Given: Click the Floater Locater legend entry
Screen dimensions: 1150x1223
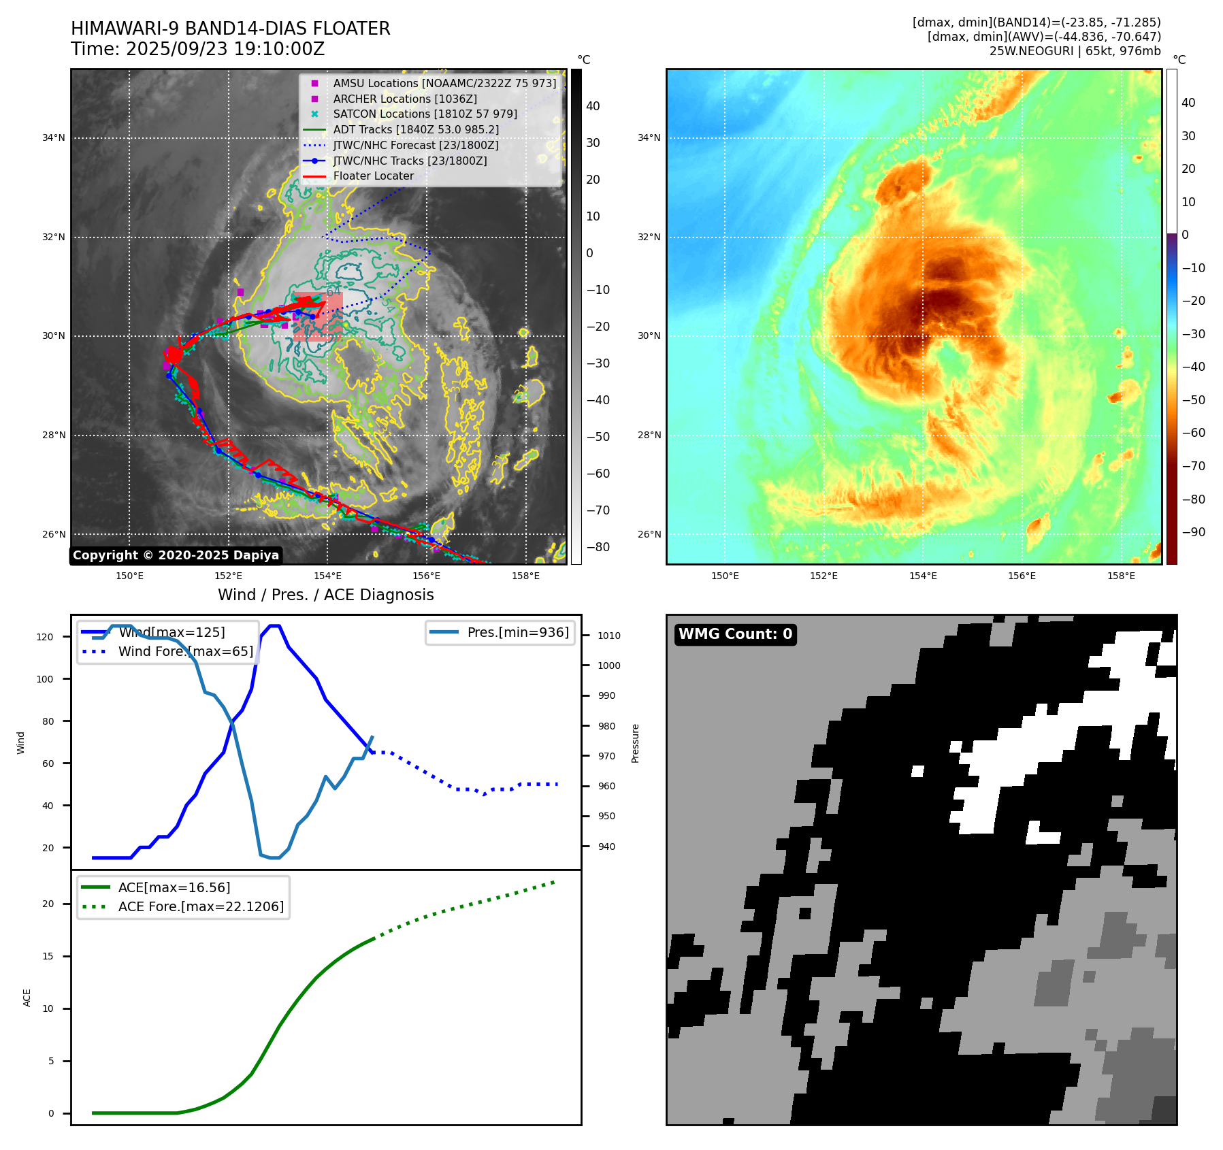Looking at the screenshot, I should click(x=373, y=176).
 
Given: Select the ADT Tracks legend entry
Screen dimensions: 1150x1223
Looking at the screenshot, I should click(x=415, y=129).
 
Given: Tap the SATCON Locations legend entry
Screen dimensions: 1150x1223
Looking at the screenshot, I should click(x=425, y=114).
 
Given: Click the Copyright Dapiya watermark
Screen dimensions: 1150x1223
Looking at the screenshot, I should click(x=176, y=555).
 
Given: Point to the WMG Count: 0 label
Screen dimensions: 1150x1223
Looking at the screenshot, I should click(x=735, y=634).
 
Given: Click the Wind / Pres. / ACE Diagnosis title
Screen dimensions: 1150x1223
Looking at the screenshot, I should click(x=325, y=595).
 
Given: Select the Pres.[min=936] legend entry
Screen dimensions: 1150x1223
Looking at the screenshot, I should click(x=517, y=632).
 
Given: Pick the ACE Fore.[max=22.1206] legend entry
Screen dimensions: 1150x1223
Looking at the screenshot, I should click(x=201, y=906).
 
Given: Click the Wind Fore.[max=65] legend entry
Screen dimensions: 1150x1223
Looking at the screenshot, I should click(x=185, y=651).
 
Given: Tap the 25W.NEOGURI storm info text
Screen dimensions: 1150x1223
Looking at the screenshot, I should click(x=1075, y=51).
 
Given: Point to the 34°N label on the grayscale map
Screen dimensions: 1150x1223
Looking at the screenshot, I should click(x=54, y=137).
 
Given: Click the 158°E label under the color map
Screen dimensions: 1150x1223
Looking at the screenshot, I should click(x=1121, y=576).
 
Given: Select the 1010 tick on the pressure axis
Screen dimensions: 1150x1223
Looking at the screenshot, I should click(x=608, y=636).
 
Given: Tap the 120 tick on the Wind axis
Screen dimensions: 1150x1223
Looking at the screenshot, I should click(x=44, y=637).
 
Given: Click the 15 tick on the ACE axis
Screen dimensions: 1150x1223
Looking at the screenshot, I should click(x=48, y=956).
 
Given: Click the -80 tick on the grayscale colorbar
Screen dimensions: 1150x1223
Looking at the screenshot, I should click(x=598, y=547).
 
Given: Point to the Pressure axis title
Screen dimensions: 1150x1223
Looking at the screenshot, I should click(x=635, y=743).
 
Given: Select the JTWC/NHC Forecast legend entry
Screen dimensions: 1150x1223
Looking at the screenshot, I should click(x=415, y=145).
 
